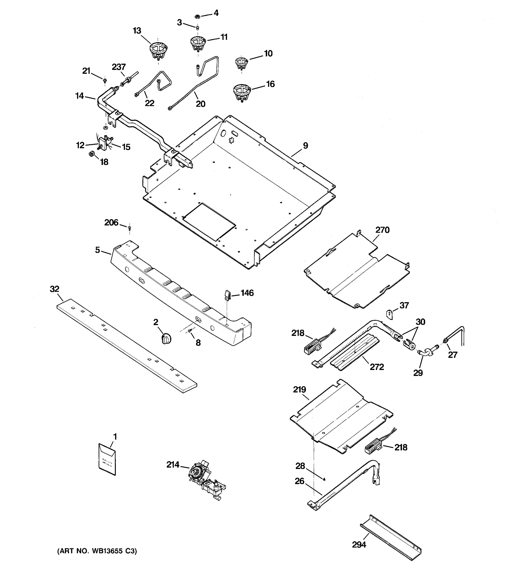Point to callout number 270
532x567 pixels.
tap(382, 230)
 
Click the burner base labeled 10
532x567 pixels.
tap(241, 63)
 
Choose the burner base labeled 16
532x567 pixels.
tap(242, 92)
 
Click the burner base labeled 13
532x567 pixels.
tap(158, 51)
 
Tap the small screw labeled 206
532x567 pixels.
tap(129, 228)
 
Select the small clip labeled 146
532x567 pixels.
tap(227, 295)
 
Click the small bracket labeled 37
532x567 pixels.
tap(390, 314)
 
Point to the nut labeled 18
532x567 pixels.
tap(92, 154)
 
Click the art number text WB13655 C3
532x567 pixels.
tap(97, 551)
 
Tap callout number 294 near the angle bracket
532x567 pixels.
tap(359, 545)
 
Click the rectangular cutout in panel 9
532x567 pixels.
tap(209, 221)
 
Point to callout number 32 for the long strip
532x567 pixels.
tap(55, 289)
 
